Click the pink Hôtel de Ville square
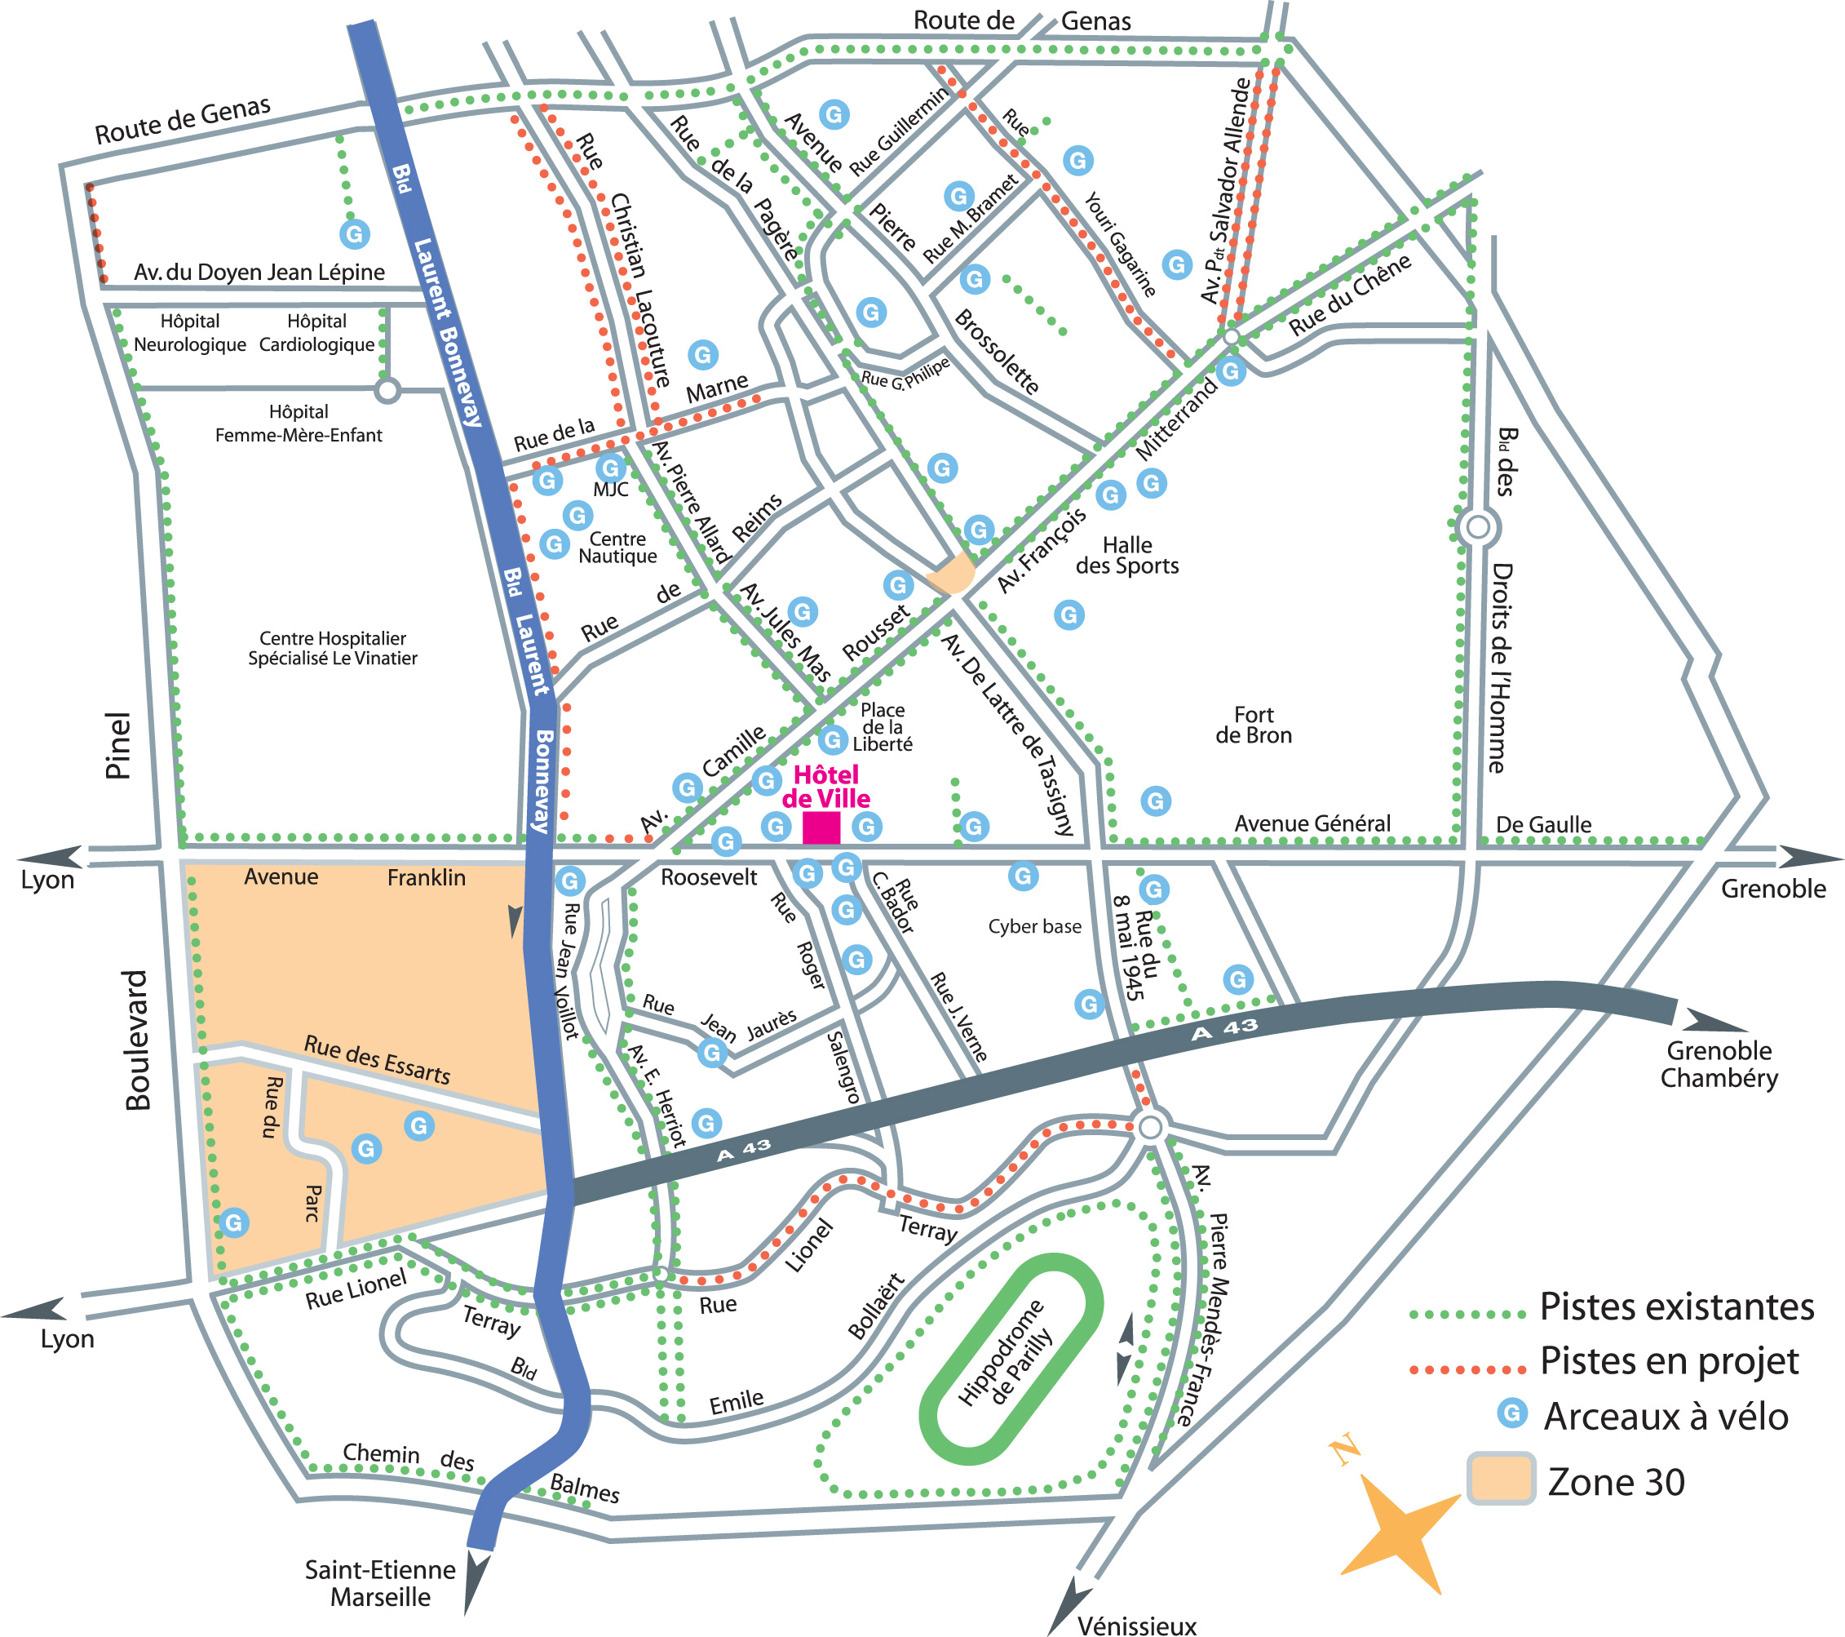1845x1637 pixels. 821,828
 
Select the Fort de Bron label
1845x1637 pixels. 1253,725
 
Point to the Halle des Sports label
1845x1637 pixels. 1126,555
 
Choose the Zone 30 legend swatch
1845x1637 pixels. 1500,1478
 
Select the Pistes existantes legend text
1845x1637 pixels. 1676,1306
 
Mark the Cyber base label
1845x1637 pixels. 1034,926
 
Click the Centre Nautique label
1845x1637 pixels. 617,548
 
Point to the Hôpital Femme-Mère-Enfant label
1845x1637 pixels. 298,424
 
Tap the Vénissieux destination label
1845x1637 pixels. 1136,1626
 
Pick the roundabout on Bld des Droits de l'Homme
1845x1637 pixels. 1478,526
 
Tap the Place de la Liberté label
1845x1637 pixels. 882,727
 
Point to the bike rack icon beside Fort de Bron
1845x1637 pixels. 1156,801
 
